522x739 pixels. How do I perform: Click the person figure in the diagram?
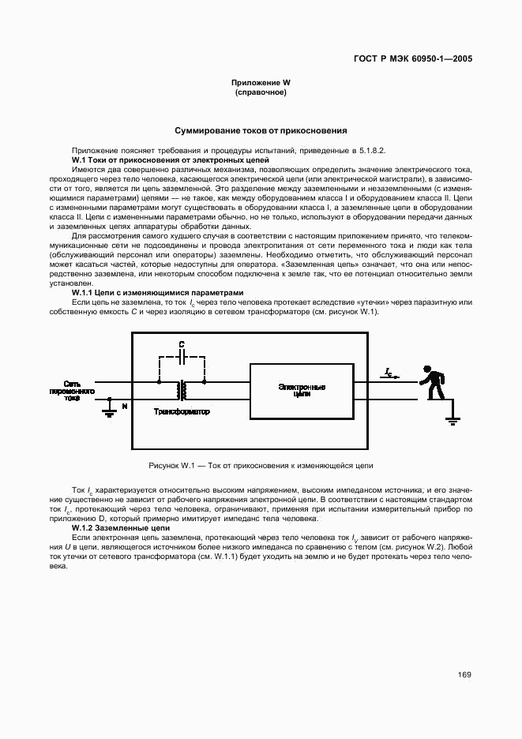point(432,381)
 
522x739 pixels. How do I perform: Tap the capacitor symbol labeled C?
point(182,356)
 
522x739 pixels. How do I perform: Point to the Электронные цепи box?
point(302,390)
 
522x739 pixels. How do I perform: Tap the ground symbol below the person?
point(453,421)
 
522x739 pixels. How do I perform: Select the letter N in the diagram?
point(123,406)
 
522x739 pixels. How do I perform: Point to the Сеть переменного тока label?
point(72,390)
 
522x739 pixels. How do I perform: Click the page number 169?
point(464,675)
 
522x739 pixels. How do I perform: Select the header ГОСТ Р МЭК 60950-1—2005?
point(413,58)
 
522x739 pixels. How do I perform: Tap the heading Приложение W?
point(261,83)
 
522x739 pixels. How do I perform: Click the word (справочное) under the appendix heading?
point(261,92)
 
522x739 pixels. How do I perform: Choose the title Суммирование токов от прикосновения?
point(261,130)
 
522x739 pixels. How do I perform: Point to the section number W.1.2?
point(84,527)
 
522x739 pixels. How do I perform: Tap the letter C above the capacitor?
point(182,344)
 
